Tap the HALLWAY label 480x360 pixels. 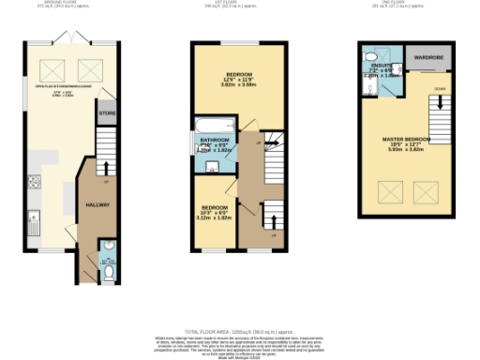[97, 204]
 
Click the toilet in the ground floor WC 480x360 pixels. [107, 273]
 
